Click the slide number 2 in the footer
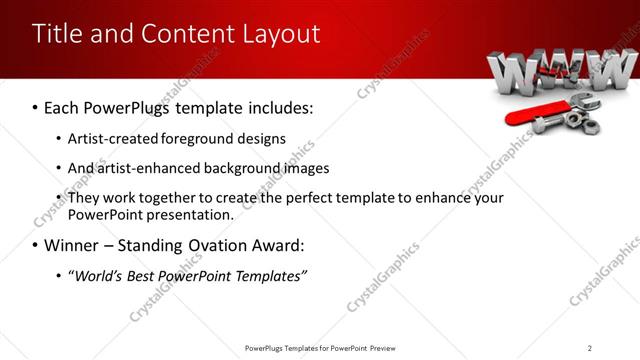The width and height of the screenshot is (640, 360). coord(589,347)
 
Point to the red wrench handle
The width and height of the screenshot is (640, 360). coord(526,117)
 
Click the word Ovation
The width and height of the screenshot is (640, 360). coord(222,245)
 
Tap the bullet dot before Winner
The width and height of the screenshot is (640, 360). coord(35,245)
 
